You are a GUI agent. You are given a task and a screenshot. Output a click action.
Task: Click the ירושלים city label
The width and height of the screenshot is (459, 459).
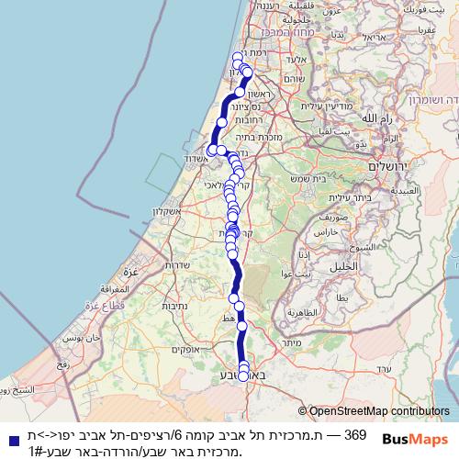[x=390, y=167]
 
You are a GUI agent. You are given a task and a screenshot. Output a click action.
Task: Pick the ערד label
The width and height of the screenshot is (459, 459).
[x=384, y=368]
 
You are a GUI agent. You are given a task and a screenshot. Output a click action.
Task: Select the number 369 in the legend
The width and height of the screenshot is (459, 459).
[x=355, y=434]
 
